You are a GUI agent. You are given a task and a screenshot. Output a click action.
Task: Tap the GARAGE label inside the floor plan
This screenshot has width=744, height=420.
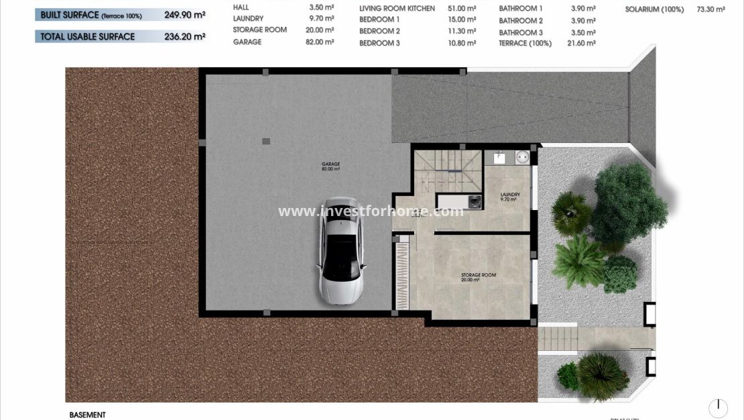pyautogui.click(x=330, y=164)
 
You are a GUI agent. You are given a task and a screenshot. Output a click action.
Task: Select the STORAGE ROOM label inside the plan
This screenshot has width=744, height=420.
pyautogui.click(x=479, y=275)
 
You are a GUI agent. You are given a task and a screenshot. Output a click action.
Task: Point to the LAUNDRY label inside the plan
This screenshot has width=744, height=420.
pyautogui.click(x=509, y=195)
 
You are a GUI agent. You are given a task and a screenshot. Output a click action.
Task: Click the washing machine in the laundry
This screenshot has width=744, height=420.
pyautogui.click(x=475, y=200)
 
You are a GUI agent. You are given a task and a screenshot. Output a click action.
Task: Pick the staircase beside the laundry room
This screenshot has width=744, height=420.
pyautogui.click(x=448, y=171)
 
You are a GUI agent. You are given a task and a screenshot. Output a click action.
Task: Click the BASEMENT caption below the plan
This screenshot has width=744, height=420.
pyautogui.click(x=87, y=415)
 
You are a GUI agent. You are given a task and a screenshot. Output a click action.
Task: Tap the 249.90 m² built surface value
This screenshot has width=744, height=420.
pyautogui.click(x=185, y=14)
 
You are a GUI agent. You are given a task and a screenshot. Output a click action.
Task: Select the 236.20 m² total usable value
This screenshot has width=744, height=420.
pyautogui.click(x=185, y=36)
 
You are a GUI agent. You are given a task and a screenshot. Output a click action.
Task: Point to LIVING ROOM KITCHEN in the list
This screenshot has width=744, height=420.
pyautogui.click(x=397, y=9)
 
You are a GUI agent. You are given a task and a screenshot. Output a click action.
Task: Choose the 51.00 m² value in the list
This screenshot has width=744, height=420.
pyautogui.click(x=462, y=9)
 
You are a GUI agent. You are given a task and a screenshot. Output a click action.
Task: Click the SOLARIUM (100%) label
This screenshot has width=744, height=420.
pyautogui.click(x=654, y=10)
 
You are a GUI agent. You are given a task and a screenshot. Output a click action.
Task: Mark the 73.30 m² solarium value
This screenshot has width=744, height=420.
pyautogui.click(x=711, y=10)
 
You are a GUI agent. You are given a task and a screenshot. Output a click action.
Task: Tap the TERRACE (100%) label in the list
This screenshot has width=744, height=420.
pyautogui.click(x=525, y=44)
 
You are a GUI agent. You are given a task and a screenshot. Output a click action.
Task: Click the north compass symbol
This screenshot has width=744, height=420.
pyautogui.click(x=718, y=407)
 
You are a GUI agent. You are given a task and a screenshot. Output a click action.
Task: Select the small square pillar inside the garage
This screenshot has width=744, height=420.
pyautogui.click(x=266, y=142)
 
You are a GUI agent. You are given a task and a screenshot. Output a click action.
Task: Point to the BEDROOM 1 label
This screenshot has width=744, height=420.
pyautogui.click(x=379, y=20)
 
